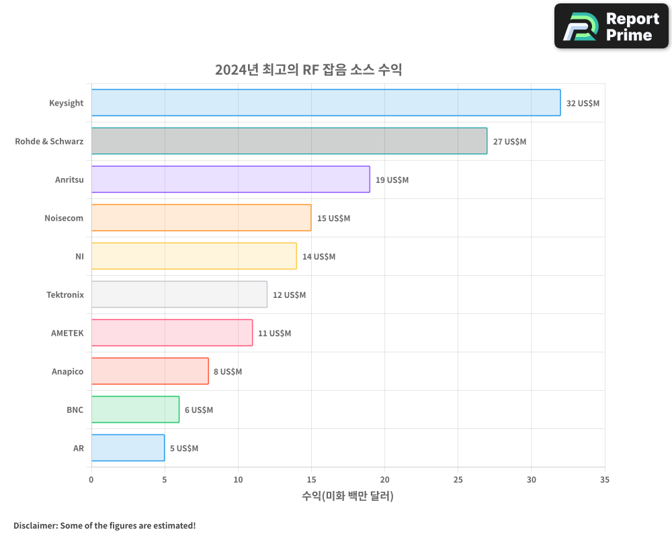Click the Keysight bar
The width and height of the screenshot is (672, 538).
326,103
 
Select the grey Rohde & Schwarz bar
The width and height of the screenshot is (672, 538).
289,141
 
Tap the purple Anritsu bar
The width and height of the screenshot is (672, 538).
230,180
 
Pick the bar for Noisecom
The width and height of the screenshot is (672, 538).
201,218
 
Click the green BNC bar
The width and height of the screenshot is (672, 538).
135,410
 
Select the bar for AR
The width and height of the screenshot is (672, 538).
128,448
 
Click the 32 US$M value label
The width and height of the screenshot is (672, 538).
583,104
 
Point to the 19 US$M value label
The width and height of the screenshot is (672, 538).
392,180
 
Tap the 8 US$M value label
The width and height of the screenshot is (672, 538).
228,372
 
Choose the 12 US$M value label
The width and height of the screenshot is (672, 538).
289,295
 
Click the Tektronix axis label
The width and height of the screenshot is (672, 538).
65,295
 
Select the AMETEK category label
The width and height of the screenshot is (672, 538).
67,334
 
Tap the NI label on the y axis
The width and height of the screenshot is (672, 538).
79,257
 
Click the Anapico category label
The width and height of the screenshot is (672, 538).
68,372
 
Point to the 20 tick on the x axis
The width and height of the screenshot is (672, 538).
384,479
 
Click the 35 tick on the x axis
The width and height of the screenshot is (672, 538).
604,479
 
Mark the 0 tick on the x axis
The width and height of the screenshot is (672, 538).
91,479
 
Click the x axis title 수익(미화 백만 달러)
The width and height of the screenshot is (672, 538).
347,496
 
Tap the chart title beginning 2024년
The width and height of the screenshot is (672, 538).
308,69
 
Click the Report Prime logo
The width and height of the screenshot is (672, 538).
612,26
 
